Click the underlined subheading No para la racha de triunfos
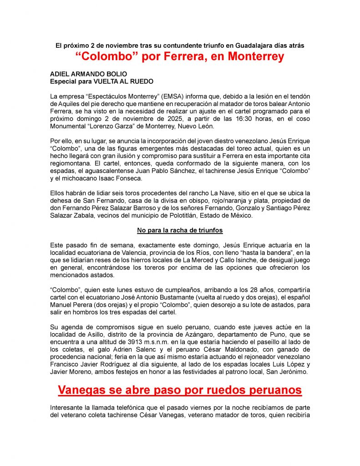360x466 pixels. click(180, 231)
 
